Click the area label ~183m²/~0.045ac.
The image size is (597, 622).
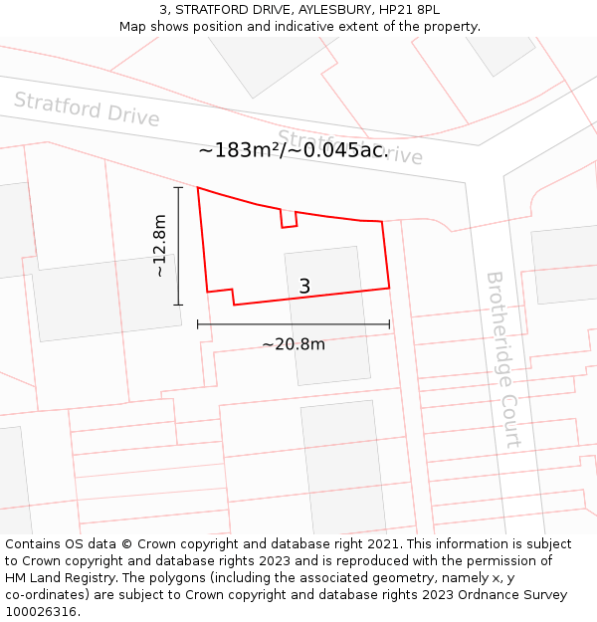(293, 150)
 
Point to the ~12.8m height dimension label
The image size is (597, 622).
(159, 246)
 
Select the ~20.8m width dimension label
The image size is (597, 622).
(294, 344)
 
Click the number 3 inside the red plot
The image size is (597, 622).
(304, 287)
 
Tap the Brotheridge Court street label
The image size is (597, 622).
(503, 358)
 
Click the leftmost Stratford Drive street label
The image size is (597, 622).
(87, 108)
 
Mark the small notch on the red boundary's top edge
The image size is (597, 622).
(289, 219)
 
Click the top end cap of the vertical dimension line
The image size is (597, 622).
(179, 187)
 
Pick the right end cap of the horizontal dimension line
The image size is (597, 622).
(389, 323)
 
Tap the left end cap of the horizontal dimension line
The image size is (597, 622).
(198, 323)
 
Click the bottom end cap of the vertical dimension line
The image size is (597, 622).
(179, 305)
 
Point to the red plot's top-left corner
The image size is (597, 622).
(198, 187)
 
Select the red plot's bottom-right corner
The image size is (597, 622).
(389, 288)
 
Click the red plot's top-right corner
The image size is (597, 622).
(382, 221)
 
